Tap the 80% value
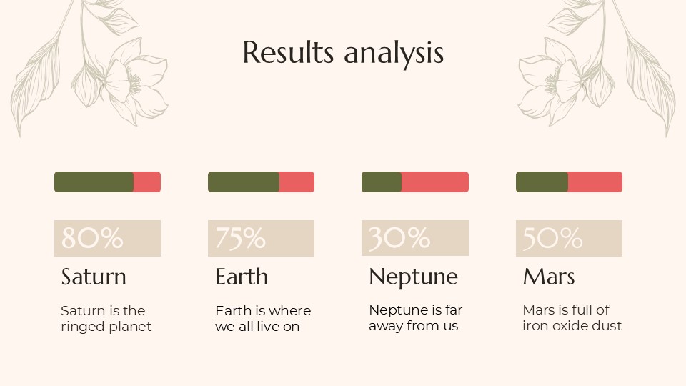click(92, 238)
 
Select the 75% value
click(241, 238)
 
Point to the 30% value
click(399, 238)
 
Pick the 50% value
click(553, 238)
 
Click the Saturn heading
click(94, 277)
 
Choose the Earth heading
click(242, 277)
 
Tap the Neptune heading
click(413, 277)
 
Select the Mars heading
click(549, 277)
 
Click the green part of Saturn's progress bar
click(94, 182)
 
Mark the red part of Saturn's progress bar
click(147, 182)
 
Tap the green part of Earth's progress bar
click(243, 182)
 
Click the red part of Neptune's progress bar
click(434, 182)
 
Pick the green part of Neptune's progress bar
click(382, 182)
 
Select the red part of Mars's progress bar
click(595, 182)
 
